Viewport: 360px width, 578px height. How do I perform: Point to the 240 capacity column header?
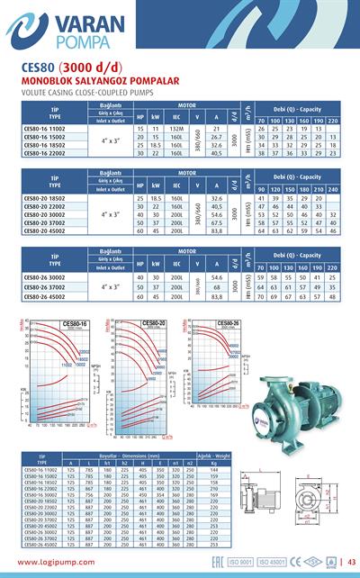[333, 190]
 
